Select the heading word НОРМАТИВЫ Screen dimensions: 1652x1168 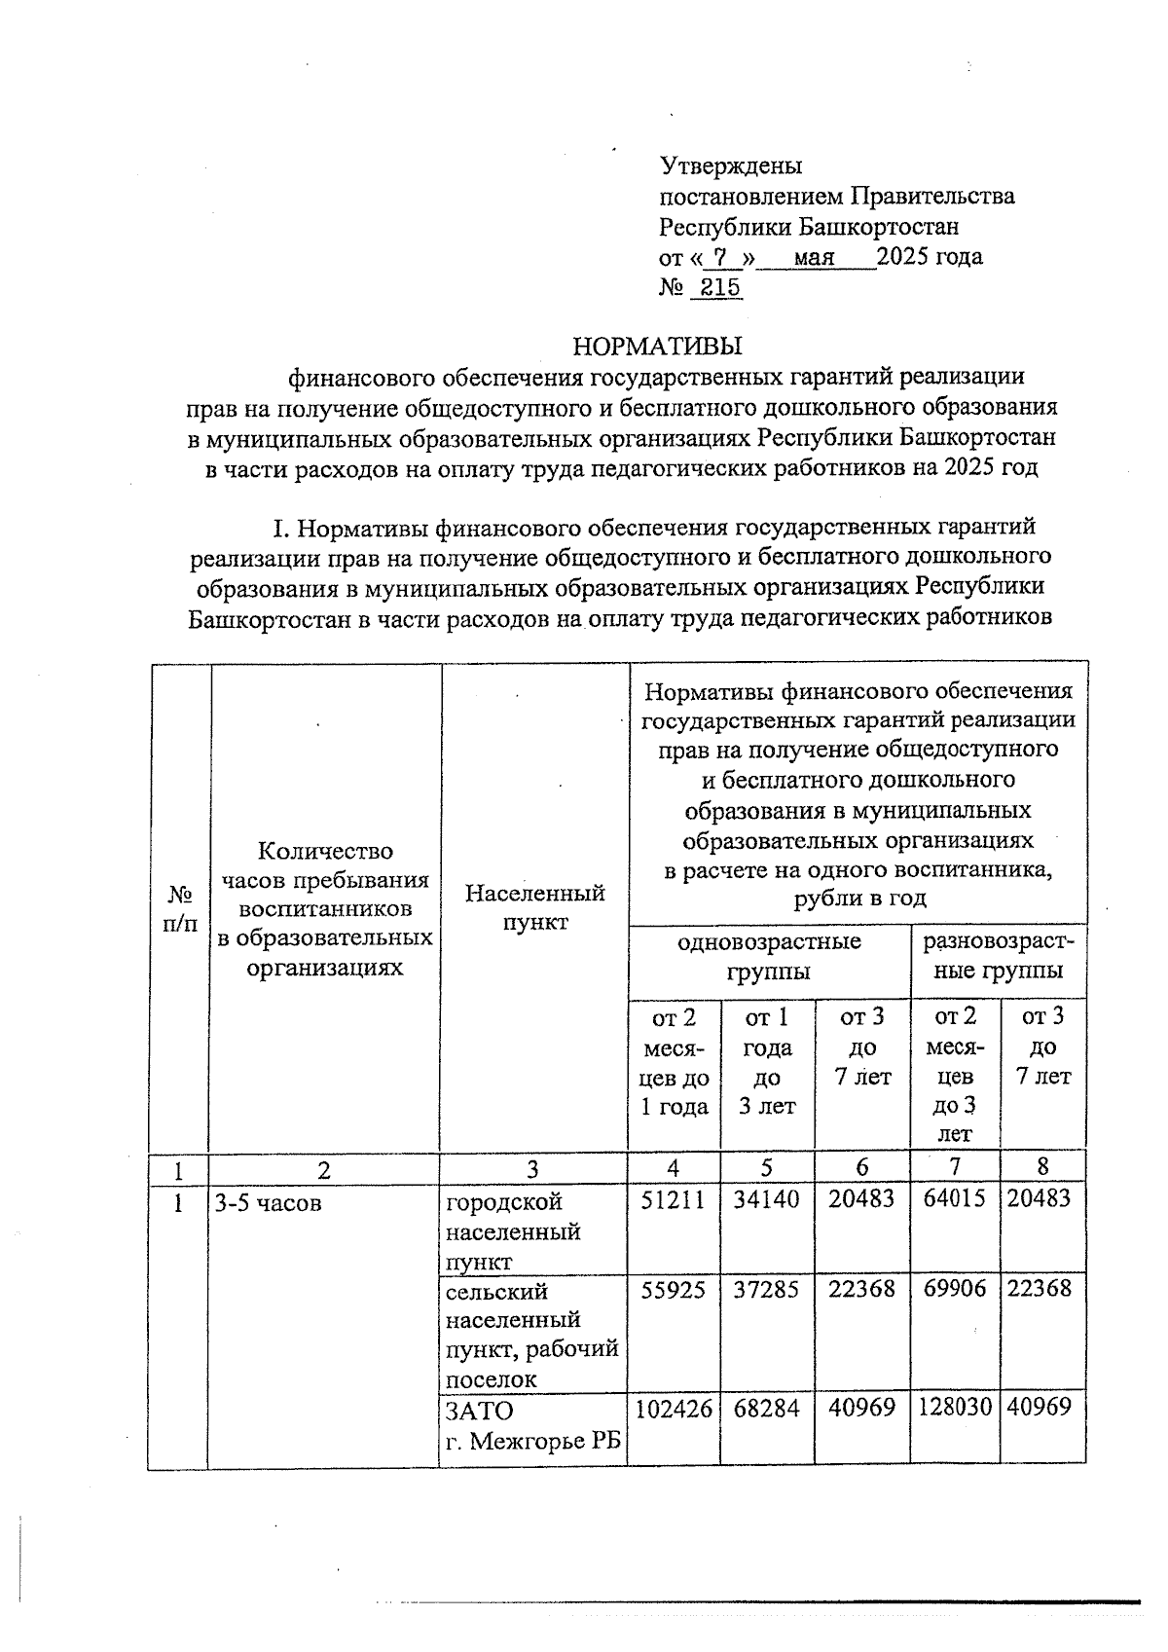pos(658,346)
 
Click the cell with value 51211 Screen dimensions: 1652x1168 pos(674,1198)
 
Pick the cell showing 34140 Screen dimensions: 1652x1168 pos(767,1198)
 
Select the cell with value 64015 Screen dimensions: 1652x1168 pos(955,1198)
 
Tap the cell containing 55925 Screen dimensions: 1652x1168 pos(674,1289)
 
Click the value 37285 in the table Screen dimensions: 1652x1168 pos(767,1289)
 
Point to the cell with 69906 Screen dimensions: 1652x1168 pos(955,1289)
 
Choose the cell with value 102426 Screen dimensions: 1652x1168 pos(674,1407)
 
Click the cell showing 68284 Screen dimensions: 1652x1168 pos(767,1407)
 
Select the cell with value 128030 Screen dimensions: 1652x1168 pos(955,1407)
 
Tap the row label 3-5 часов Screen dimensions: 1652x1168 pos(269,1203)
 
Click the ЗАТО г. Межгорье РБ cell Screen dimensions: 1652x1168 pos(532,1425)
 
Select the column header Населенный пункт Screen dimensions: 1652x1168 pos(534,907)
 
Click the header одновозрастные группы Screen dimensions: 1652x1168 pos(769,956)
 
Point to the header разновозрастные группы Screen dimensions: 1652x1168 pos(999,956)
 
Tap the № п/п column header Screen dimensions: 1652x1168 pos(180,907)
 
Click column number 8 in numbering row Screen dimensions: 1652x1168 pos(1042,1167)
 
